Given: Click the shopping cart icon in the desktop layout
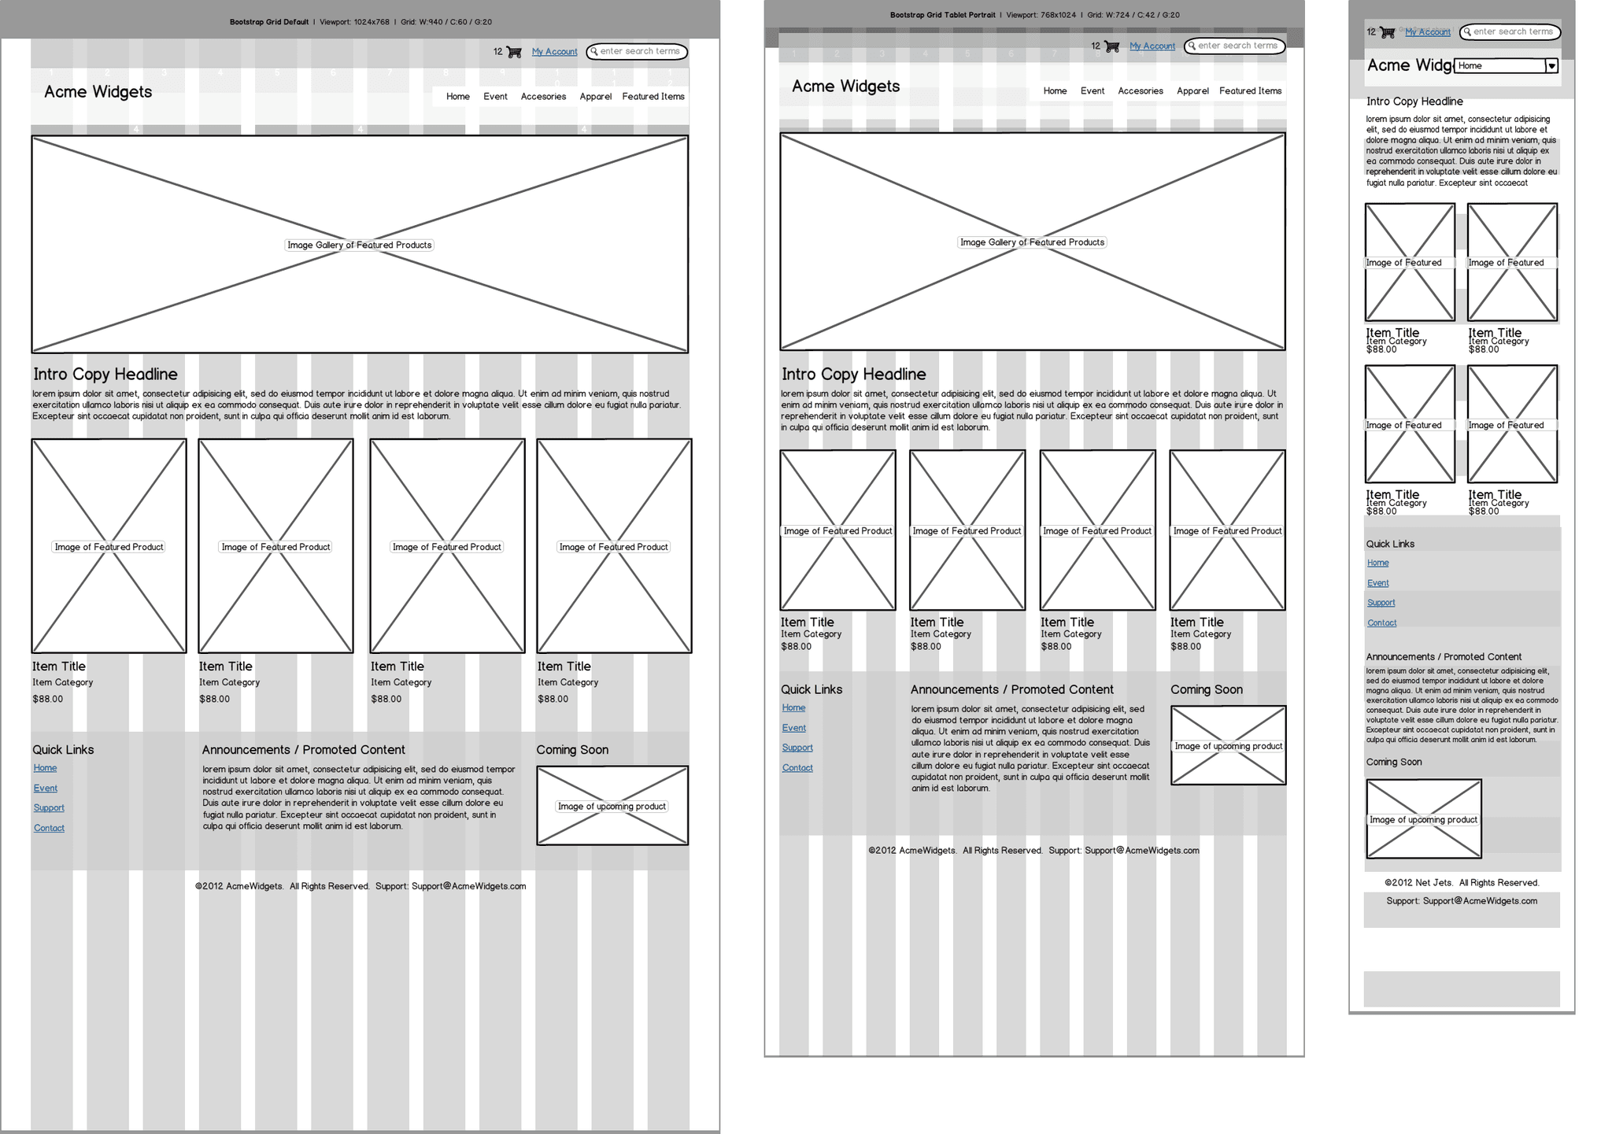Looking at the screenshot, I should [x=514, y=52].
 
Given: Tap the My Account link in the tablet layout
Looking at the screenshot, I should [x=1152, y=46].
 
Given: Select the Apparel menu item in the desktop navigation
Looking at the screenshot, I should [x=595, y=97].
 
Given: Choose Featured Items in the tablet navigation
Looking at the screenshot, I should [x=1250, y=91].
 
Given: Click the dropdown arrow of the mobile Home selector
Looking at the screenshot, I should [x=1551, y=66].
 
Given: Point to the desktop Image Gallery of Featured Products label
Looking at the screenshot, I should [x=359, y=246].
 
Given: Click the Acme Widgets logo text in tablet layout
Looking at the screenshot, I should [x=845, y=87].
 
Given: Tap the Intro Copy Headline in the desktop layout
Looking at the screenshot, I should [x=105, y=375].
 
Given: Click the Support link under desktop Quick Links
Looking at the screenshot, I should [x=49, y=808].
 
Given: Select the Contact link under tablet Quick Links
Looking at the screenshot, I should [x=797, y=768].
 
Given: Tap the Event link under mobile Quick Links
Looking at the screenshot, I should [x=1377, y=583].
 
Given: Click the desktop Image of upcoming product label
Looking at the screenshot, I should [x=612, y=807].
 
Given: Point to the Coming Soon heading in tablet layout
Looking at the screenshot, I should [x=1206, y=690].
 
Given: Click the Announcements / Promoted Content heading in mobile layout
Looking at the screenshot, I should [x=1444, y=657].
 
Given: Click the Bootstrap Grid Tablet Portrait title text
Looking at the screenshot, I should [x=942, y=15].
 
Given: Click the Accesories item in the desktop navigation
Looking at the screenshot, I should [x=543, y=97].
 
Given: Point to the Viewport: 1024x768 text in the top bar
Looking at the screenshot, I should [x=354, y=22].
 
